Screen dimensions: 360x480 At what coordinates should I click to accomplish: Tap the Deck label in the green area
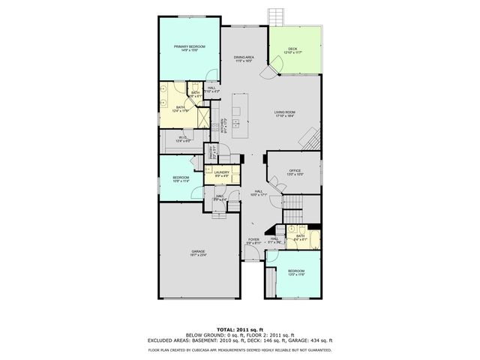(292, 51)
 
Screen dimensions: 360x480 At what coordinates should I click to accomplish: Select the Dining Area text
(244, 59)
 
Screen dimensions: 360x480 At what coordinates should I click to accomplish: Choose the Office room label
(295, 172)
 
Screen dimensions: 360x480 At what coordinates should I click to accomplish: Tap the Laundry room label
(221, 174)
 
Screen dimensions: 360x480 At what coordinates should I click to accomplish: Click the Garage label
(198, 252)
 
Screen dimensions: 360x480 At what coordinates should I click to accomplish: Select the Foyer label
(253, 241)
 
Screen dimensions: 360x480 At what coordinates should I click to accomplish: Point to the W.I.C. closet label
(183, 139)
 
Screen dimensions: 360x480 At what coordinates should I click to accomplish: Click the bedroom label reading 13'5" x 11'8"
(296, 272)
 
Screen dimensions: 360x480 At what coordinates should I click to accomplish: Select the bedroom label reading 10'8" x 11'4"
(181, 179)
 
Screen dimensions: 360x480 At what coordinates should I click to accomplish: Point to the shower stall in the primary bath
(202, 118)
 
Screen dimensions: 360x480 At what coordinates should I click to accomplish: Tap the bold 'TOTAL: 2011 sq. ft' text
(240, 329)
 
